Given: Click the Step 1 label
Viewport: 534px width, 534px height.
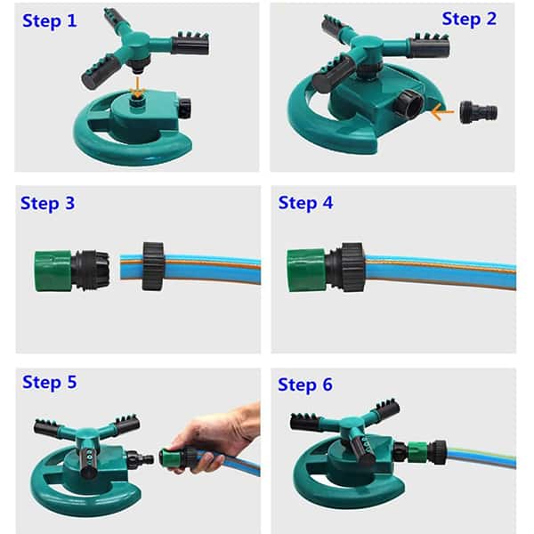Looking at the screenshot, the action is click(x=50, y=21).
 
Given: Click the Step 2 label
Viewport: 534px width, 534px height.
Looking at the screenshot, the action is click(x=469, y=19).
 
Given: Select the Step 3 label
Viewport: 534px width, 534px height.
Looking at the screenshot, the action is click(x=48, y=204).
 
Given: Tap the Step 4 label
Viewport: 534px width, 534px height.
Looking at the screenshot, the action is click(x=305, y=203).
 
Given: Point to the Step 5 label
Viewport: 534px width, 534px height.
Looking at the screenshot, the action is click(x=49, y=383).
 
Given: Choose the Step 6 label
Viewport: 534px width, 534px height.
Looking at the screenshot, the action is click(x=305, y=384).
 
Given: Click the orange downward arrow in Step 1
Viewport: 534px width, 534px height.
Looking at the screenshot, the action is click(x=138, y=88).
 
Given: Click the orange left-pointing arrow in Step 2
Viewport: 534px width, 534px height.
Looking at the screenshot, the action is click(x=442, y=112).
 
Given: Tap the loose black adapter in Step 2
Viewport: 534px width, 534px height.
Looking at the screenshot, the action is click(x=479, y=112).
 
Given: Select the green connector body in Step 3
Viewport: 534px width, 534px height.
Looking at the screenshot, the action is click(x=53, y=271).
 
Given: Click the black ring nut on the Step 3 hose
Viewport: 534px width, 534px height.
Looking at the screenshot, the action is click(x=153, y=266).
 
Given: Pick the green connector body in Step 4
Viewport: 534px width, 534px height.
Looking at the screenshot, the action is click(x=306, y=271).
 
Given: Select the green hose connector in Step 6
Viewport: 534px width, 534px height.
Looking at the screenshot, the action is click(x=418, y=451).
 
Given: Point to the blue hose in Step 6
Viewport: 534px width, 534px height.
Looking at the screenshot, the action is click(x=481, y=458).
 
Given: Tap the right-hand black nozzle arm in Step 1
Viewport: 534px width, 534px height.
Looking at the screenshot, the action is click(x=190, y=44).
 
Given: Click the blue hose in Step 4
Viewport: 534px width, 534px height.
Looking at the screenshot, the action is click(x=441, y=271).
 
